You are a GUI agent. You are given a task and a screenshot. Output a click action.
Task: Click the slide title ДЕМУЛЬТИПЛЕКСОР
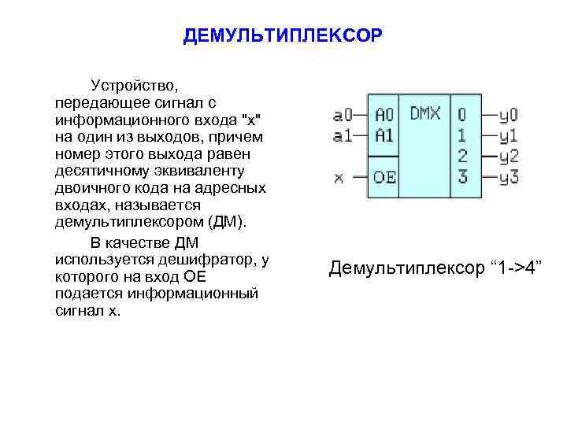pos(283,37)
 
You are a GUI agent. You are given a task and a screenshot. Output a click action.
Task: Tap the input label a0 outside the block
pos(344,116)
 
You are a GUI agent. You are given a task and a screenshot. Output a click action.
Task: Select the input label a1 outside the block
pos(344,135)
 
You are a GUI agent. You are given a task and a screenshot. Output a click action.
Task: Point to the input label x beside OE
pos(339,176)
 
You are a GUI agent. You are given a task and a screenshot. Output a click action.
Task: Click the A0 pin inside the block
pos(384,115)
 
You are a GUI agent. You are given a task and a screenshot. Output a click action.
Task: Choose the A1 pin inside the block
pos(384,135)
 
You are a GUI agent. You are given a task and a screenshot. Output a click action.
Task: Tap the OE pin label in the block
pos(384,176)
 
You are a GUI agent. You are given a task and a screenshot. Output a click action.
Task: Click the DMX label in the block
pos(425,114)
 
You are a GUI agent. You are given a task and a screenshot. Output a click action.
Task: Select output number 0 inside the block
pos(462,115)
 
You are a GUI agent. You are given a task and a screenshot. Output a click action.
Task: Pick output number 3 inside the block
pos(462,176)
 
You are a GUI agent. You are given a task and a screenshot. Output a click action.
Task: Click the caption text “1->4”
pos(517,268)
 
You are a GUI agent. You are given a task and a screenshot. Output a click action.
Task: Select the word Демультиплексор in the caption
pos(407,268)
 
